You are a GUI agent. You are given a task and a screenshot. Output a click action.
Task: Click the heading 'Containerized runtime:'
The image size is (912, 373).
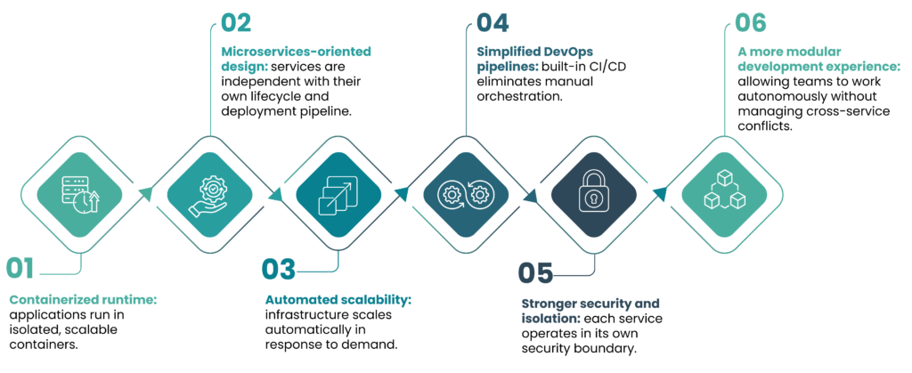pos(83,300)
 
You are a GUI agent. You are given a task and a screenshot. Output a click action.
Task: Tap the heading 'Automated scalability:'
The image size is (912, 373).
pos(338,300)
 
